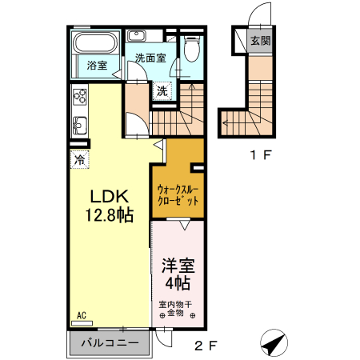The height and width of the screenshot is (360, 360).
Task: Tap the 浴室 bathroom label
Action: coord(96,66)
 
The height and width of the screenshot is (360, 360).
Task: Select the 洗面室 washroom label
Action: coord(150,58)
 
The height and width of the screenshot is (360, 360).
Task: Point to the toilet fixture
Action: coord(190,50)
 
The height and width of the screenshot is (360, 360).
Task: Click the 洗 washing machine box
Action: coord(162,90)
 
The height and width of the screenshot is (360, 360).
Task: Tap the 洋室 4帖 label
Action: coord(177,273)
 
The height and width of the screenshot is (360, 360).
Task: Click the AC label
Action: coord(82,315)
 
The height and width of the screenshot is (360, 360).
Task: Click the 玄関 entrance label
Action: coord(258,42)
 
